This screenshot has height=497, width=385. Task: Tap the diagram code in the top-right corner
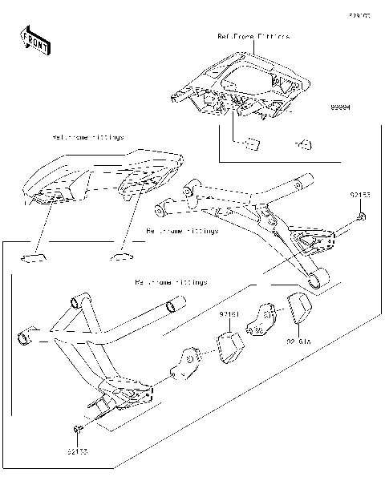tap(370, 15)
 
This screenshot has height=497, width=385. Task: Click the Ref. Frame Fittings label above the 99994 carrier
tap(253, 37)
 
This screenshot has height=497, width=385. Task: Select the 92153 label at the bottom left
tap(79, 452)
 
